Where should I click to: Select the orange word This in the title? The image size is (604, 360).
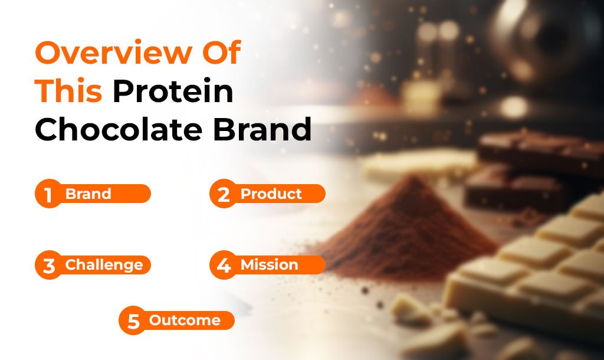[68, 91]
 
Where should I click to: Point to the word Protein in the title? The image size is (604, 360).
[173, 91]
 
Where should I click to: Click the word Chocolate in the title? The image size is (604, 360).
[118, 129]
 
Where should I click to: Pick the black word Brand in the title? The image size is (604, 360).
[262, 129]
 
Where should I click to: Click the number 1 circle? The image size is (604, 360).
[48, 194]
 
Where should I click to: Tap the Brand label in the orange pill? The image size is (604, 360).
[88, 194]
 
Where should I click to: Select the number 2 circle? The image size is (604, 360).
[224, 194]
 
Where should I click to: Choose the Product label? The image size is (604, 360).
[271, 194]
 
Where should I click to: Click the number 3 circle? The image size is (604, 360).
[48, 265]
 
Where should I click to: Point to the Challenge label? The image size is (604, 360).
[104, 265]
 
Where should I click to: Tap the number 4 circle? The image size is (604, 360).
[224, 265]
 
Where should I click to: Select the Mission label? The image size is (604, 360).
[269, 265]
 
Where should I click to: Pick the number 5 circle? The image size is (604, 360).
[133, 320]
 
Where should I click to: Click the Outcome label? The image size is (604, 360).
[185, 320]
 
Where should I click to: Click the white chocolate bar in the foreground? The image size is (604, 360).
[531, 270]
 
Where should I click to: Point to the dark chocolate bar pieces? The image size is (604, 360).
[536, 169]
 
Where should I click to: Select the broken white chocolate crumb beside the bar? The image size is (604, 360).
[411, 308]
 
